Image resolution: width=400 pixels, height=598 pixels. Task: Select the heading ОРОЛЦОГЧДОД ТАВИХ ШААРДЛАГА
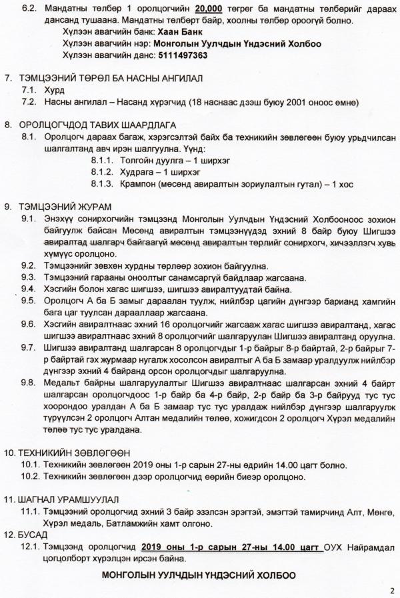(100, 125)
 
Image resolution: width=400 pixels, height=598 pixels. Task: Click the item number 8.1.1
(101, 159)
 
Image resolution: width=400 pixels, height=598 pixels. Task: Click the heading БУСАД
(34, 533)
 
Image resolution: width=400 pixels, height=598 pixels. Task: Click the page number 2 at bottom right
(391, 589)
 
